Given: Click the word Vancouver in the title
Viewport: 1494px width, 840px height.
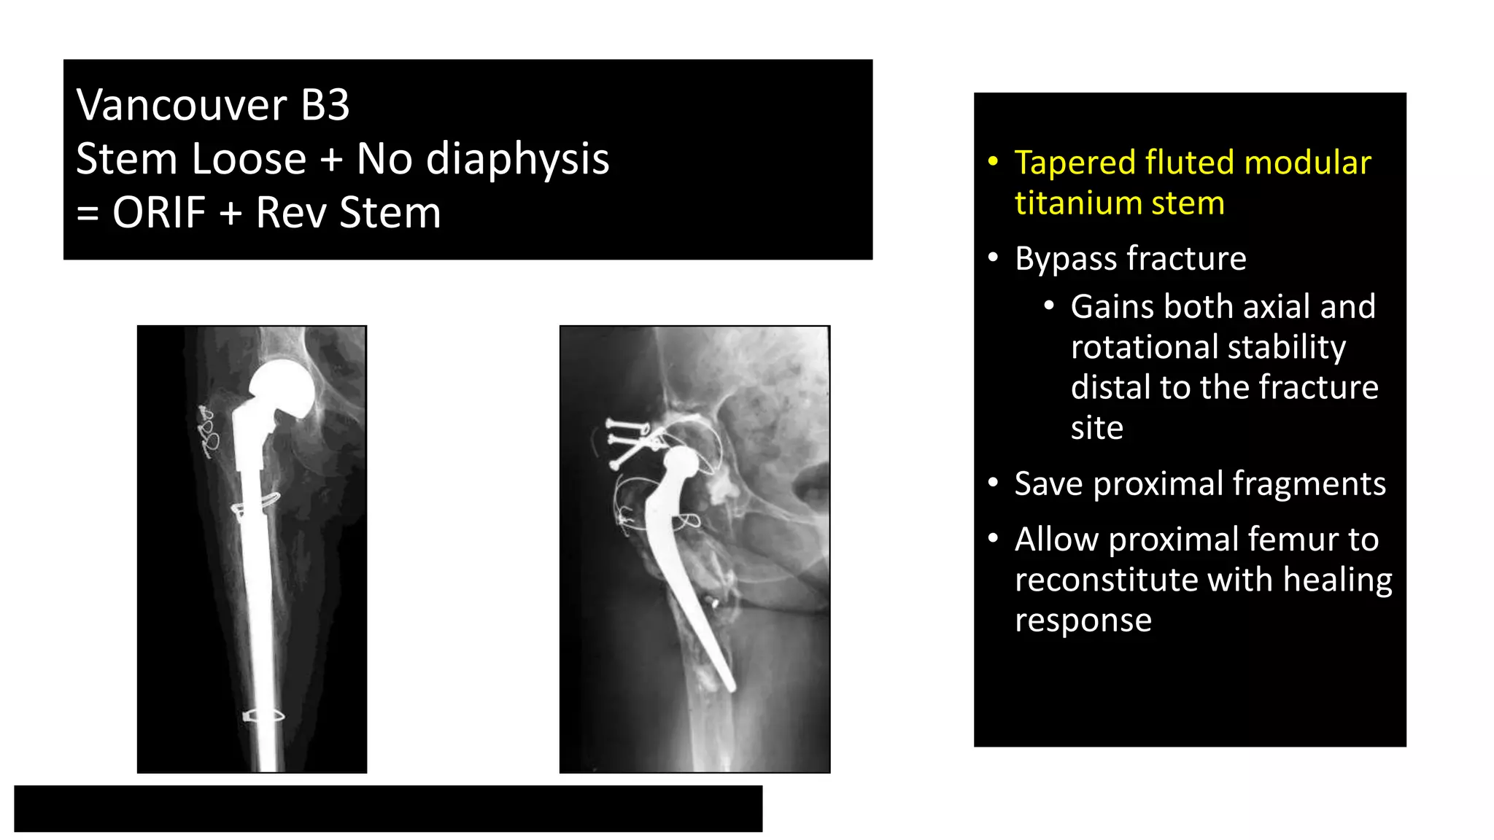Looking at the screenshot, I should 182,105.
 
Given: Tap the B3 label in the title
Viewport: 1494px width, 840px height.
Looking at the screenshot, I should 325,105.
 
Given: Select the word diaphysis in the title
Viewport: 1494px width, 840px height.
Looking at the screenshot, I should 517,159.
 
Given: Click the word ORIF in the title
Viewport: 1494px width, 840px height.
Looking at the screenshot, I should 159,213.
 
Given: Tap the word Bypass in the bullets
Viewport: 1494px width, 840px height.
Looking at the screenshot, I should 1066,259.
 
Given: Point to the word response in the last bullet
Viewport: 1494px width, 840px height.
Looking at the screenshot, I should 1083,621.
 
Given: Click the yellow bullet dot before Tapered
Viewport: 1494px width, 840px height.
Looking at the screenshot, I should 993,161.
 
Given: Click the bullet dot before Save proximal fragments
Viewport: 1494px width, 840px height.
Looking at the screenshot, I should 993,483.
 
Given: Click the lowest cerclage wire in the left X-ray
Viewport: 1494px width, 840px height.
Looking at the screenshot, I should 263,715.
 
